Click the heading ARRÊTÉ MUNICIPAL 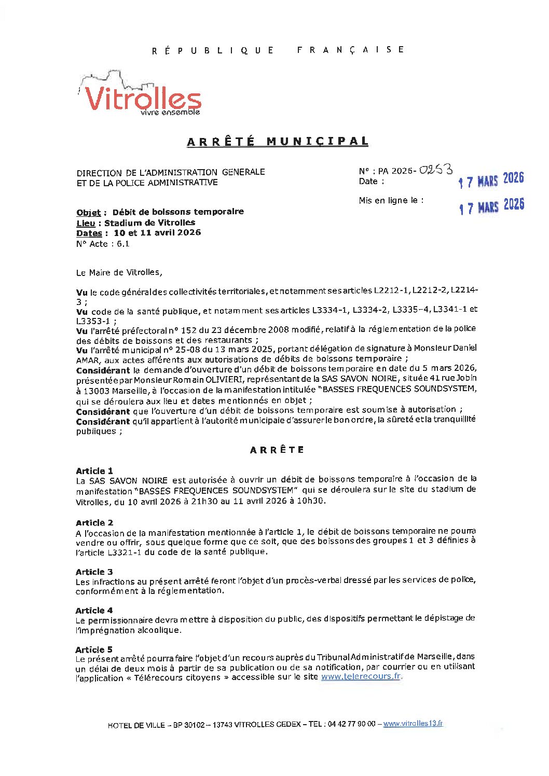coord(278,142)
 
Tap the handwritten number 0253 coord(436,170)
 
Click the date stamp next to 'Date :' coord(491,180)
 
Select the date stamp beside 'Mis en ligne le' coord(491,206)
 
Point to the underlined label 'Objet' coord(88,213)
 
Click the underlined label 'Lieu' coord(86,223)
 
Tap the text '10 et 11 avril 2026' coord(157,233)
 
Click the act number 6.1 coord(123,244)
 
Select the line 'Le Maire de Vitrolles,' coord(119,272)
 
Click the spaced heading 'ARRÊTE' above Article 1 coord(277,450)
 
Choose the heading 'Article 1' coord(94,471)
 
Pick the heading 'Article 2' coord(94,523)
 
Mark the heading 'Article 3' coord(94,572)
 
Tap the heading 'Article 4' coord(94,611)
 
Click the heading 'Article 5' coord(94,649)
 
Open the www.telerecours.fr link coord(361,676)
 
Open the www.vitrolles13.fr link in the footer coord(413,724)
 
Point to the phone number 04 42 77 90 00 coord(351,724)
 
